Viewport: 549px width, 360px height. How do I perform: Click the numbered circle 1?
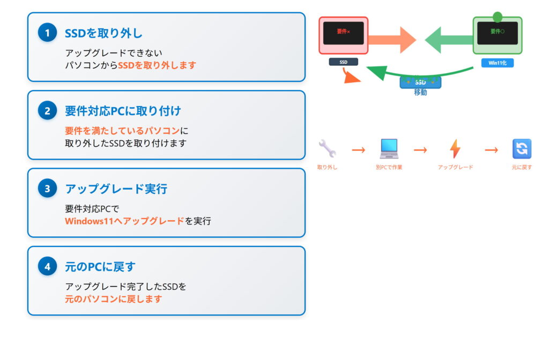coord(47,33)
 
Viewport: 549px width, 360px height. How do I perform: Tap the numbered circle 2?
coord(47,111)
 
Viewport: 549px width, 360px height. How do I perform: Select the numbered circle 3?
coord(47,189)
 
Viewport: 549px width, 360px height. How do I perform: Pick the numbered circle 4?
coord(47,266)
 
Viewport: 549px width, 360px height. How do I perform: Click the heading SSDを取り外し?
coord(103,33)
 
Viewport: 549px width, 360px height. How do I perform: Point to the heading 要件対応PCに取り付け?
coord(123,111)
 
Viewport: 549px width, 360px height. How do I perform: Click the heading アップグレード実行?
coord(116,189)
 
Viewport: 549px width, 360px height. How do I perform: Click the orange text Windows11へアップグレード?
coord(124,221)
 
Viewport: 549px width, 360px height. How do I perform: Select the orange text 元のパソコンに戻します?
coord(113,299)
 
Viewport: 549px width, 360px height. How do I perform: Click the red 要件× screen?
coord(343,33)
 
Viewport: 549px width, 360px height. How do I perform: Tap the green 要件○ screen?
coord(497,33)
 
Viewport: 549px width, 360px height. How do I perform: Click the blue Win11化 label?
coord(497,63)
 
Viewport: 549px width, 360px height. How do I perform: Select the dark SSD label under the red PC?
coord(343,62)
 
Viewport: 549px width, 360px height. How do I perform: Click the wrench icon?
coord(327,148)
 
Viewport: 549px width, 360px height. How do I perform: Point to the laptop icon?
coord(389,148)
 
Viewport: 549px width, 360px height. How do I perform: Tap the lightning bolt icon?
coord(455,148)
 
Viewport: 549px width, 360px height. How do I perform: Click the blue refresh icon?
coord(522,148)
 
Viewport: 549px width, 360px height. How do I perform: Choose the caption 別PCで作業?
coord(389,167)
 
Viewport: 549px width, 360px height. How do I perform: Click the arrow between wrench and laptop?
coord(358,149)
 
